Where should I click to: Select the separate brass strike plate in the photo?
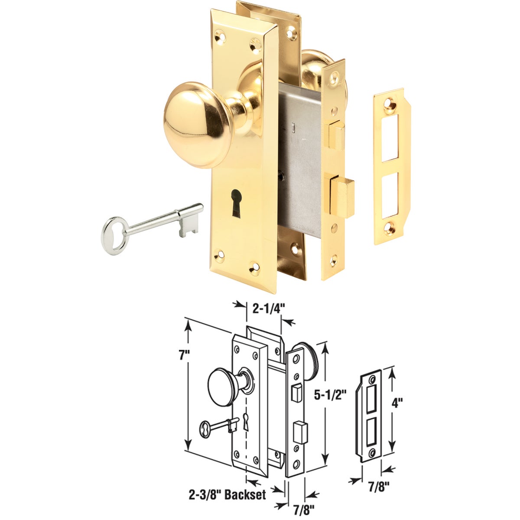tap(388, 167)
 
